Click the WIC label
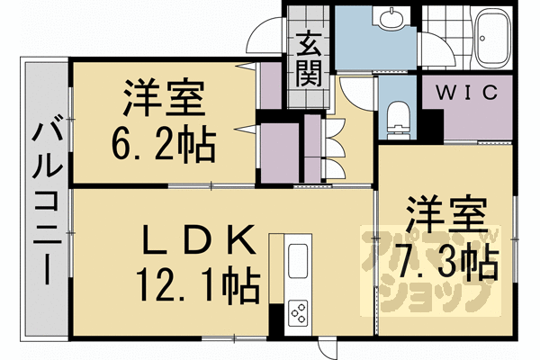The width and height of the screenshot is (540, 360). click(x=466, y=92)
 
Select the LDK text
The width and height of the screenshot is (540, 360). click(x=200, y=239)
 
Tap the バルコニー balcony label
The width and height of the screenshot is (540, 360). click(x=47, y=203)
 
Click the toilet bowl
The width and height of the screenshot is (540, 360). click(x=399, y=119)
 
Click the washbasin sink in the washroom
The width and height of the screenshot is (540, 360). click(x=391, y=18)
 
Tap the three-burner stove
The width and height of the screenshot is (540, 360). click(x=298, y=312)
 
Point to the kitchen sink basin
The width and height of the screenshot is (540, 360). click(x=298, y=261)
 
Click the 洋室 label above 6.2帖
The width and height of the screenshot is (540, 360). click(x=164, y=98)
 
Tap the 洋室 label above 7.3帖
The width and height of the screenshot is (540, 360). click(x=446, y=214)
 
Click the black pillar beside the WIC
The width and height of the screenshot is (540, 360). click(x=433, y=126)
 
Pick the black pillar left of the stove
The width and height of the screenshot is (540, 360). click(x=276, y=319)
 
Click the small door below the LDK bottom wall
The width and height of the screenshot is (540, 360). click(x=327, y=348)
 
